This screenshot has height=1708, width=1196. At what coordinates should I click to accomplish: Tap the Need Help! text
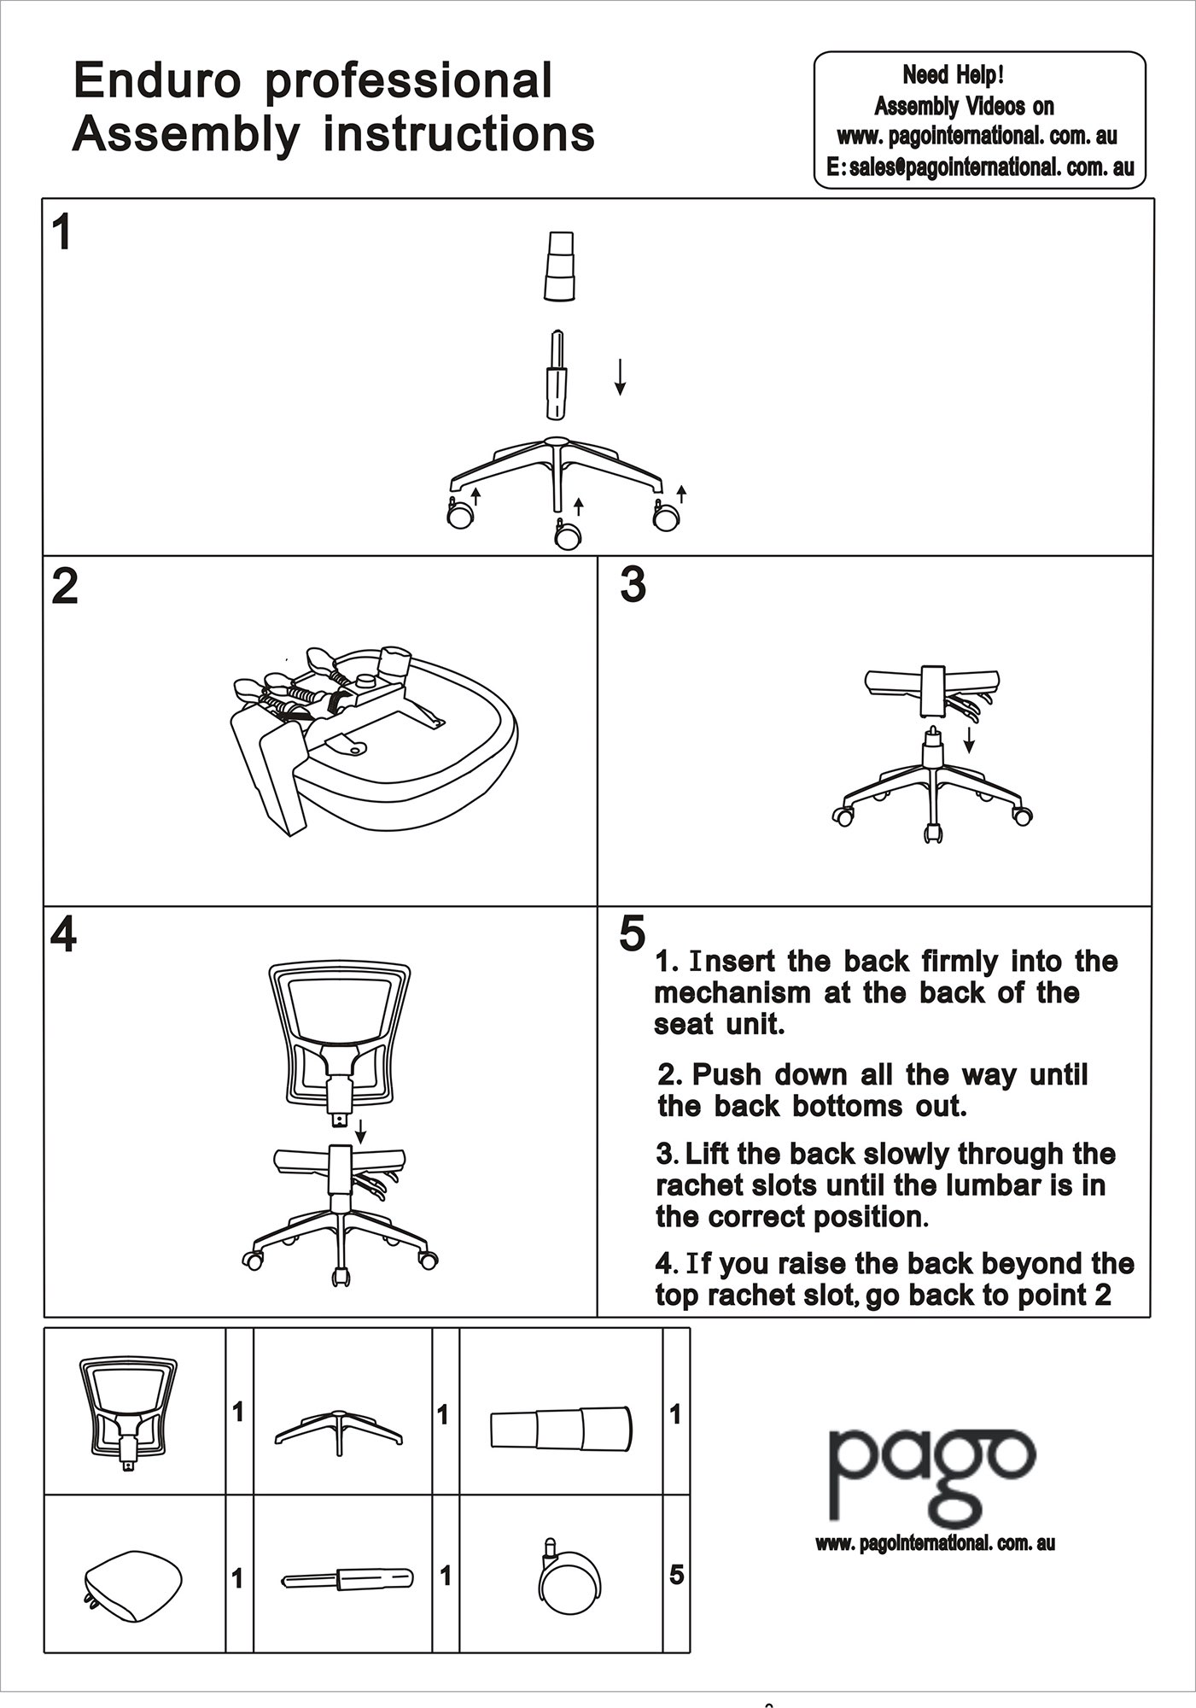(x=953, y=75)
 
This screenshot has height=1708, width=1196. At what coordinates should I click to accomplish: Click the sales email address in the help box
(x=981, y=167)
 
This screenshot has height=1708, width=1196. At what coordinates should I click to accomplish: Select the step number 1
(x=61, y=232)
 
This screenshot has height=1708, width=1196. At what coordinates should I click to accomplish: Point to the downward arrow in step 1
(x=621, y=377)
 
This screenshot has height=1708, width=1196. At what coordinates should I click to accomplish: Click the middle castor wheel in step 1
(x=567, y=535)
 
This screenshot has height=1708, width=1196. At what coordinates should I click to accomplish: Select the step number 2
(x=65, y=587)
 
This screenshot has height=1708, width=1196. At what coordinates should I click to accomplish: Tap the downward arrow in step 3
(x=969, y=740)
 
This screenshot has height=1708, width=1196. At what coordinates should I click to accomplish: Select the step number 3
(x=633, y=585)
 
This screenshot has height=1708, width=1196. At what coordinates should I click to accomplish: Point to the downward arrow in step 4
(x=361, y=1131)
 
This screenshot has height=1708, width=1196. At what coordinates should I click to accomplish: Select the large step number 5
(x=632, y=933)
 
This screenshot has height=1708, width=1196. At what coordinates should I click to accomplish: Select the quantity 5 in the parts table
(x=676, y=1574)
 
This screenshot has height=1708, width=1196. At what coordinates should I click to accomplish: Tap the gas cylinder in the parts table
(x=348, y=1578)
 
